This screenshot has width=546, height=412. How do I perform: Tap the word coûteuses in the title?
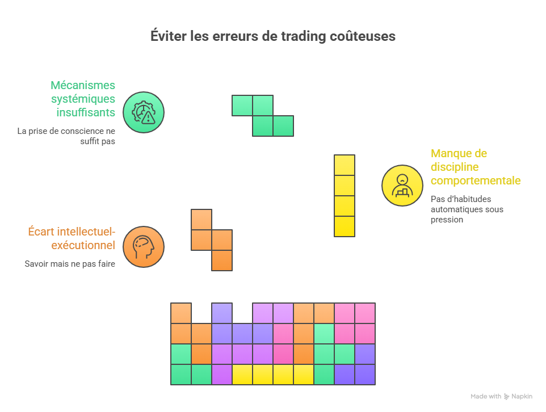[363, 36]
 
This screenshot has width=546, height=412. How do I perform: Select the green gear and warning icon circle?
[144, 112]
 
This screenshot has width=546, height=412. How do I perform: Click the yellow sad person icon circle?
[402, 185]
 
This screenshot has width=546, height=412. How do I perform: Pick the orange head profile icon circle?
[144, 246]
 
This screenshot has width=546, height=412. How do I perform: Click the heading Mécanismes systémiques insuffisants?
[83, 99]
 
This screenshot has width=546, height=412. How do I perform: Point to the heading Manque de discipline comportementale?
[476, 167]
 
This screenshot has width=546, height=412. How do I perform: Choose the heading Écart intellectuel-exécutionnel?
[72, 238]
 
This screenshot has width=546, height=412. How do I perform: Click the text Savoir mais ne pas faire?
[70, 264]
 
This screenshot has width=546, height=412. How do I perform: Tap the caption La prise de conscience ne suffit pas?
[66, 136]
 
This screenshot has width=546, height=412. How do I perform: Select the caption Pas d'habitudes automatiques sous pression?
[467, 209]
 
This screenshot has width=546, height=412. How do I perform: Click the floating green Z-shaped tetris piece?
[263, 116]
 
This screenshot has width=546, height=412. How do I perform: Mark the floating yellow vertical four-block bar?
[345, 196]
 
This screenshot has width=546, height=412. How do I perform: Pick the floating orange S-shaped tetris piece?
[212, 240]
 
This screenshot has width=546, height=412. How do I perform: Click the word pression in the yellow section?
[447, 220]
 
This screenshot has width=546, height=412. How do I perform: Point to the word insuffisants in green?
[86, 112]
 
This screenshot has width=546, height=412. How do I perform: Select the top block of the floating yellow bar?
[345, 165]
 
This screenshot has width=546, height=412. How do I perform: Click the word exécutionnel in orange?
[83, 245]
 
